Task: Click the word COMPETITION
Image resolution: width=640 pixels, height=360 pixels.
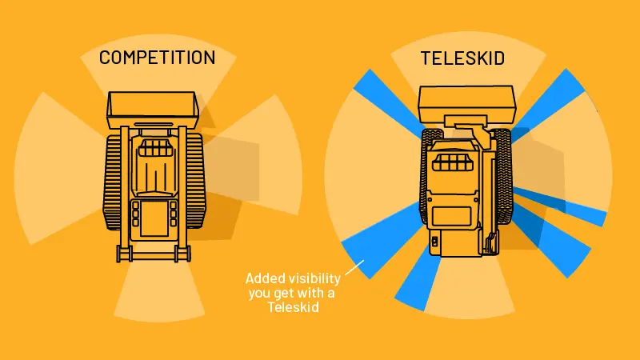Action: tap(157, 58)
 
